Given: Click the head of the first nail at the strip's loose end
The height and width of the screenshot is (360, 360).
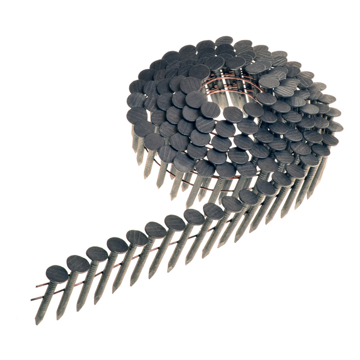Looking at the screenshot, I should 56,274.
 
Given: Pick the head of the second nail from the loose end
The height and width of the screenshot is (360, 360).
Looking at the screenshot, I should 78,263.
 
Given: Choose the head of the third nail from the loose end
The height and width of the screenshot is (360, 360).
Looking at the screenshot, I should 97,254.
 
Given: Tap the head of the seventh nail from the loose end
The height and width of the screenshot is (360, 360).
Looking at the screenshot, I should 174,222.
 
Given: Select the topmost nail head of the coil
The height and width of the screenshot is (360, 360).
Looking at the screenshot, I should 224,41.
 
